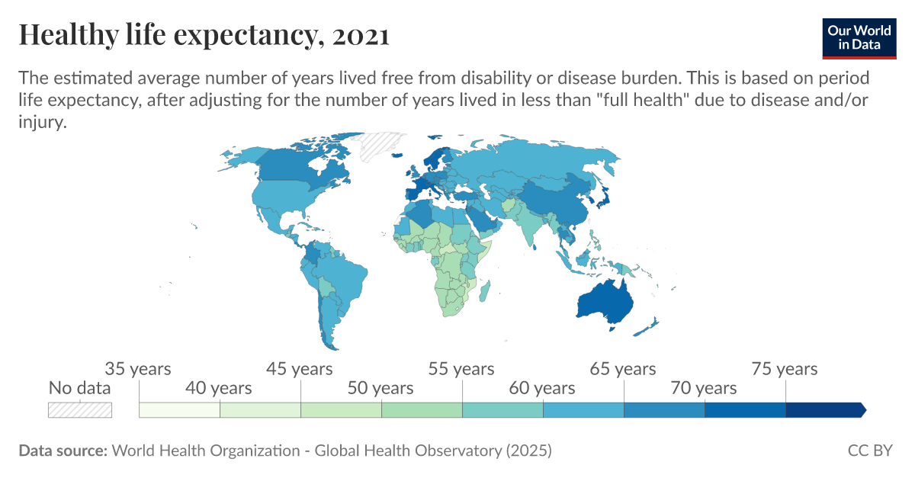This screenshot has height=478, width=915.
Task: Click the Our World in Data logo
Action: [859, 37]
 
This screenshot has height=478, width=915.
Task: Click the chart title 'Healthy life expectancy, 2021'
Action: [204, 35]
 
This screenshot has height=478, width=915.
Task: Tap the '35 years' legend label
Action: [138, 369]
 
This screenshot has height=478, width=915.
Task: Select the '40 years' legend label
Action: [219, 388]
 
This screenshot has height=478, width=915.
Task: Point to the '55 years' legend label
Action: [461, 369]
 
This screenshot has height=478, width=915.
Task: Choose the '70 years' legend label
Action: [704, 388]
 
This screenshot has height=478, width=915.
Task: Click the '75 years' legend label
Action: [785, 369]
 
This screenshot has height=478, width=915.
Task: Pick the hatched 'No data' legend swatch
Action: [80, 409]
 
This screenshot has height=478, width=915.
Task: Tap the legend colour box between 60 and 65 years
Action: [583, 409]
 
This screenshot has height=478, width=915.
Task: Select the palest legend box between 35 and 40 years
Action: [179, 409]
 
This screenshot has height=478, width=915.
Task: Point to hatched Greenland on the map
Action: [381, 145]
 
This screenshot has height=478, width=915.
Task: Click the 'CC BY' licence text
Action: [869, 451]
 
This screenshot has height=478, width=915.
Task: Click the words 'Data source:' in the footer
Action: [63, 451]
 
